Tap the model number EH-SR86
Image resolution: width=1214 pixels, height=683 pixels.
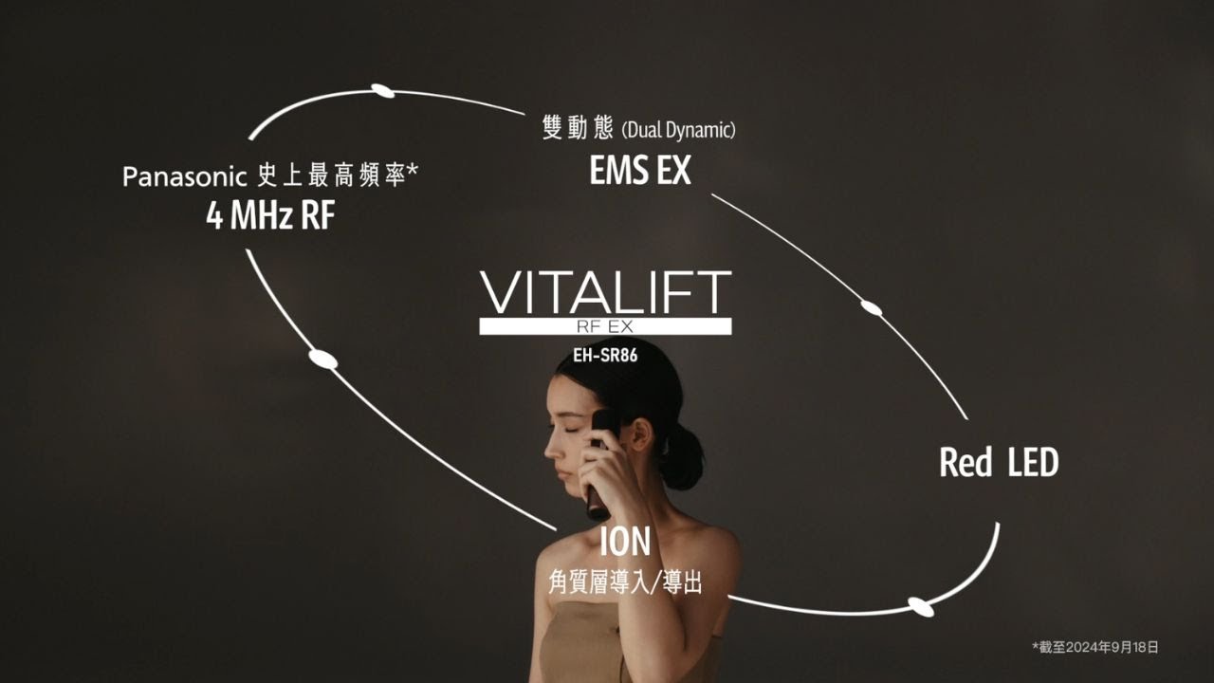(605, 357)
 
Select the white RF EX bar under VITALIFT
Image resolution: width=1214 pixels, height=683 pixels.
(605, 326)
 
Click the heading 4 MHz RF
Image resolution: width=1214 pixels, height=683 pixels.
(270, 216)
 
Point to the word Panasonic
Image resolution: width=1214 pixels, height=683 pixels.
(186, 177)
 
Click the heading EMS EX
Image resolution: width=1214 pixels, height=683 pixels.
(640, 171)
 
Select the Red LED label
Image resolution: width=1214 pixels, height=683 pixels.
(999, 463)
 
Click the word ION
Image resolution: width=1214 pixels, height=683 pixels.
(625, 542)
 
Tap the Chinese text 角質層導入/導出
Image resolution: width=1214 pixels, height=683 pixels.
(625, 581)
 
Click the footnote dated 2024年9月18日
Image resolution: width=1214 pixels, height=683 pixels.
(1095, 647)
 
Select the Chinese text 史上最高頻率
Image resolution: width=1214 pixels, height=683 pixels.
(332, 177)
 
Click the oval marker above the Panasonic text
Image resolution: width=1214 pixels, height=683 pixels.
(382, 91)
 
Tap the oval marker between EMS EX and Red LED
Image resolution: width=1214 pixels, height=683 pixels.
(871, 307)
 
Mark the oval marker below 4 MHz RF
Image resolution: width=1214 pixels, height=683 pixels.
(323, 359)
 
